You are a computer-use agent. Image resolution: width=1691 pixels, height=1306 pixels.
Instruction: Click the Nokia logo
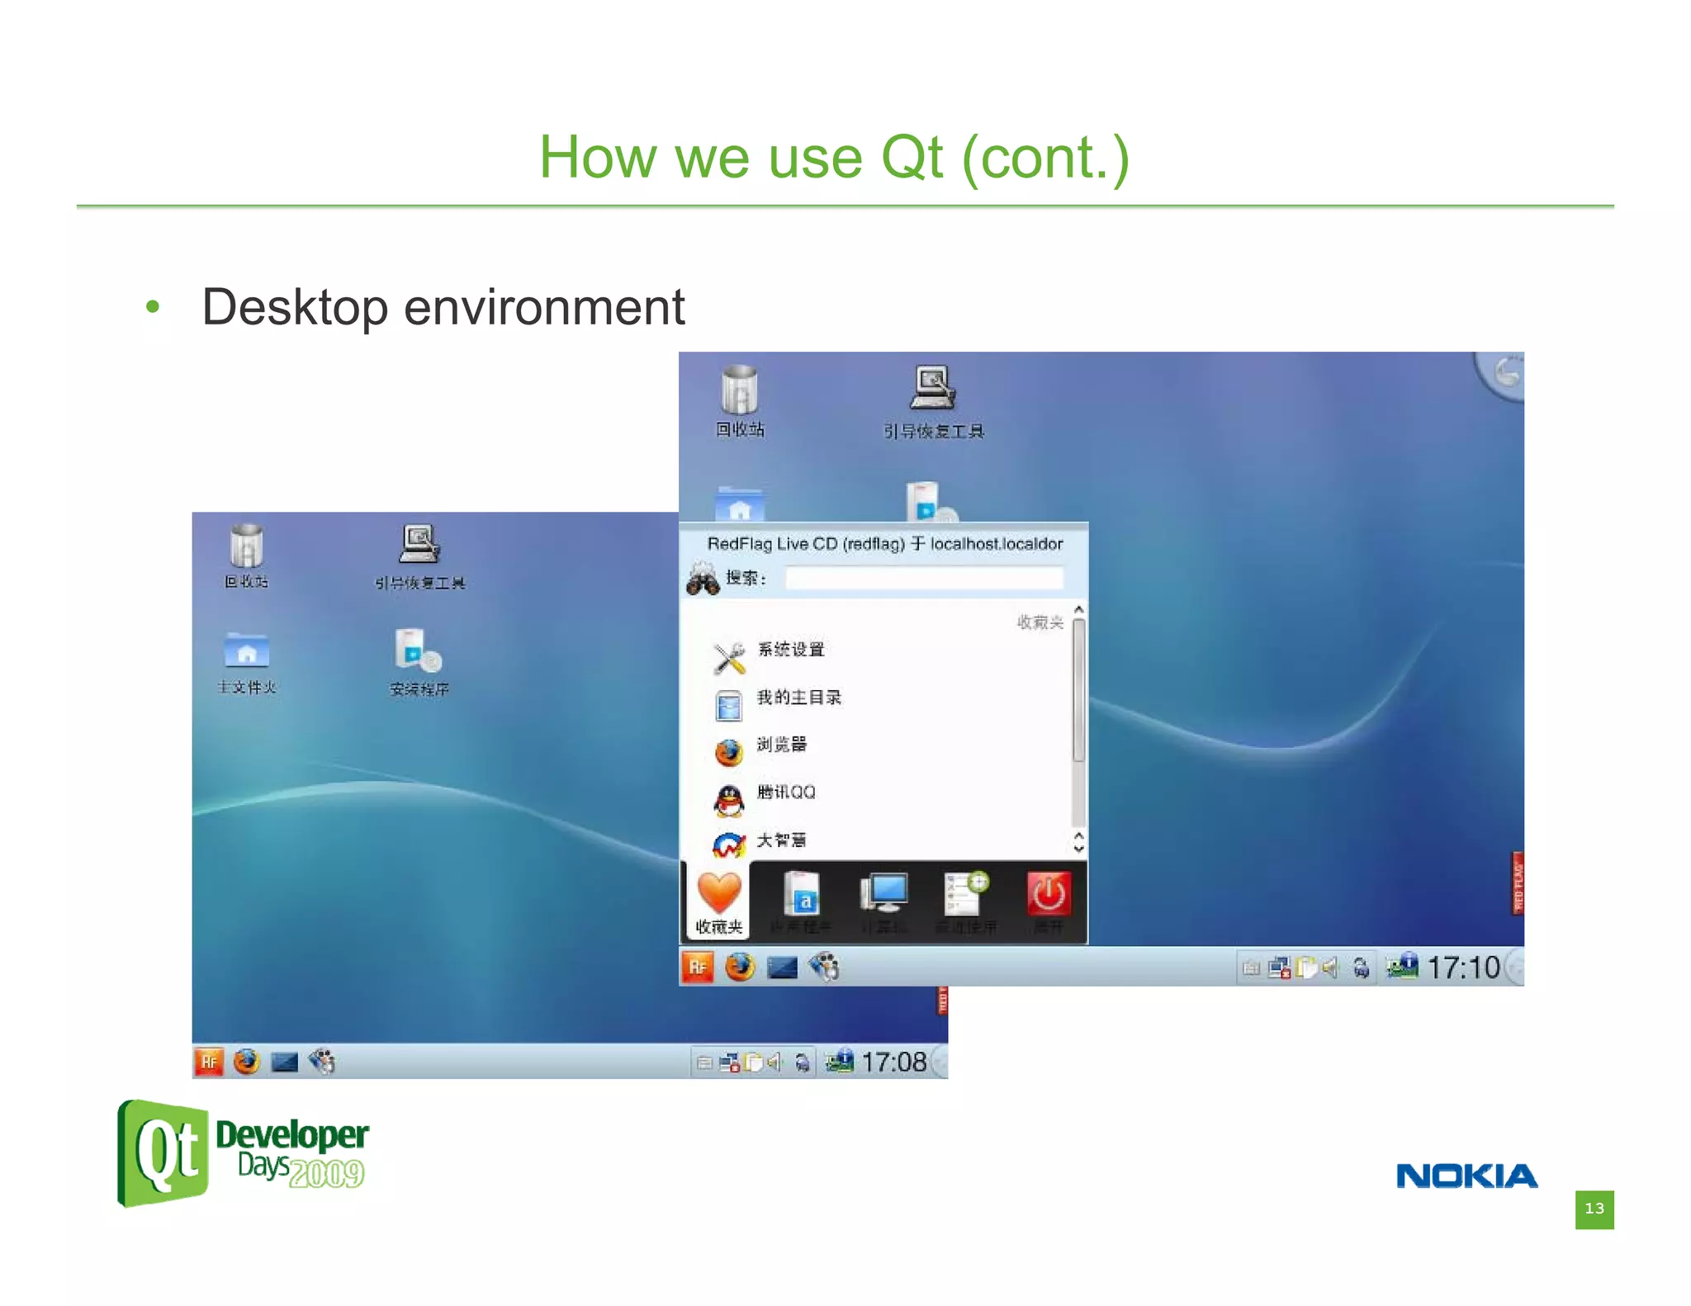(x=1466, y=1176)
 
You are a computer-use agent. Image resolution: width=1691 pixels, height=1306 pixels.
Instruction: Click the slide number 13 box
(x=1594, y=1209)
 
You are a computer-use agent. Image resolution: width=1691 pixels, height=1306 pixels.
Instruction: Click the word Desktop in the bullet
(x=294, y=307)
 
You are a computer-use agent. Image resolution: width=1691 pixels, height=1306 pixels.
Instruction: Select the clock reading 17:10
(x=1463, y=968)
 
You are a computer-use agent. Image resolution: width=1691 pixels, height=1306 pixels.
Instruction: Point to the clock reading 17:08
(x=893, y=1062)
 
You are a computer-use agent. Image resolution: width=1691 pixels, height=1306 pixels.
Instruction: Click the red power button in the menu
(x=1049, y=894)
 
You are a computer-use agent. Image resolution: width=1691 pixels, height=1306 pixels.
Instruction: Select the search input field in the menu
(x=923, y=578)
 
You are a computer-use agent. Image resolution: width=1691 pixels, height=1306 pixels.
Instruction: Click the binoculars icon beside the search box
(x=703, y=579)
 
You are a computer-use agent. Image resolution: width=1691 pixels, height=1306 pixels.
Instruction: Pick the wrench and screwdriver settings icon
(x=729, y=658)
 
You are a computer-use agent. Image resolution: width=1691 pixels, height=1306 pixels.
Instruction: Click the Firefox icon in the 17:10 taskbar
(x=740, y=967)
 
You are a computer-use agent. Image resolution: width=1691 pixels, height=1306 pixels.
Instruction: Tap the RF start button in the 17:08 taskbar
(x=209, y=1062)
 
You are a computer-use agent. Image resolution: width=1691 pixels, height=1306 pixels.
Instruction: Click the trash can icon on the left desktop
(x=246, y=547)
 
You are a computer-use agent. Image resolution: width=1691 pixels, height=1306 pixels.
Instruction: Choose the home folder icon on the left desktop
(x=246, y=651)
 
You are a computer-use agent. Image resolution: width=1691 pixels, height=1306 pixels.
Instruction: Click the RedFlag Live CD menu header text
(x=884, y=544)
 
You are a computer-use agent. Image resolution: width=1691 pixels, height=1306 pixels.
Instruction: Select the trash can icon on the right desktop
(x=739, y=389)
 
